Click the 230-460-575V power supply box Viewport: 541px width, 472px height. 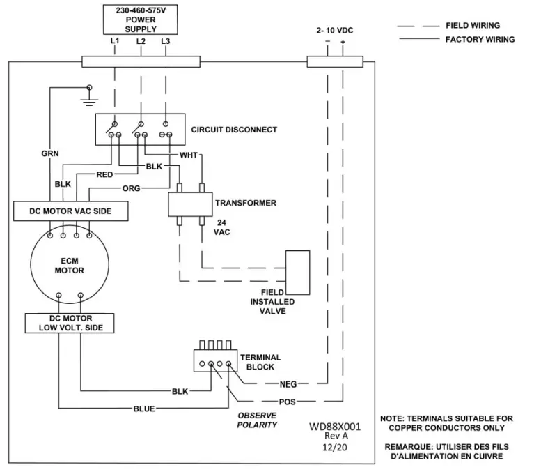(x=140, y=20)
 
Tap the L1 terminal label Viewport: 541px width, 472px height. (x=115, y=41)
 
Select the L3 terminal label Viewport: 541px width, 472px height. (x=165, y=41)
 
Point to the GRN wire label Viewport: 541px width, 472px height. (x=49, y=152)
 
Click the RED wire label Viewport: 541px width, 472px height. (x=104, y=174)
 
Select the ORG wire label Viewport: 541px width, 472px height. (x=132, y=188)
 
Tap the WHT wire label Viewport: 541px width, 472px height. (x=188, y=155)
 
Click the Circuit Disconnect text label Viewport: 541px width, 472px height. (x=234, y=130)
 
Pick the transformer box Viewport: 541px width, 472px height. (x=189, y=204)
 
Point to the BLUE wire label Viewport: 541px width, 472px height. (x=144, y=409)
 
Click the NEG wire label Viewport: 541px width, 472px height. (x=288, y=383)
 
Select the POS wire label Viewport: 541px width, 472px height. (x=288, y=402)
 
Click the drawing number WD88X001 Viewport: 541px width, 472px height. (x=336, y=425)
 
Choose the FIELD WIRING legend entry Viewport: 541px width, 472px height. (x=473, y=26)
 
